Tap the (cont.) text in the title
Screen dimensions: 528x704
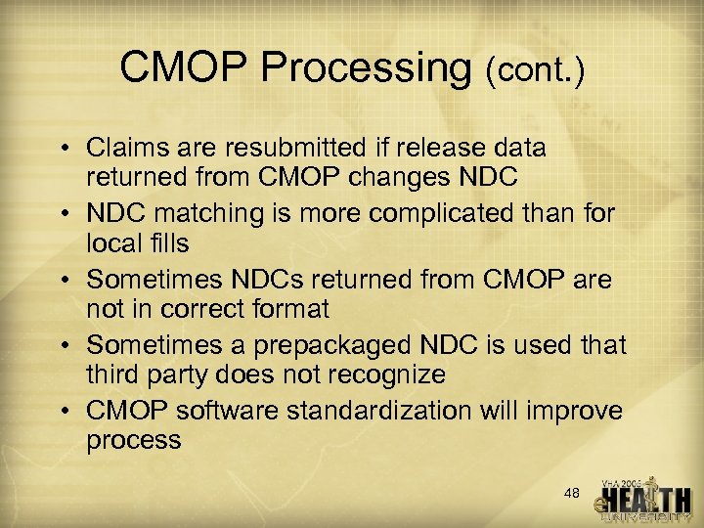point(534,70)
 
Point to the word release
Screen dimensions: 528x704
point(438,149)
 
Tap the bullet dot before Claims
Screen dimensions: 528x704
point(67,150)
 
